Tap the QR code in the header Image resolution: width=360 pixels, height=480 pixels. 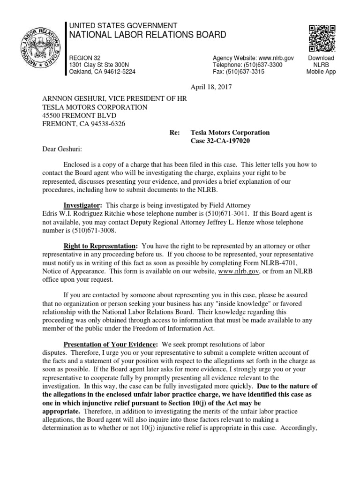click(x=321, y=38)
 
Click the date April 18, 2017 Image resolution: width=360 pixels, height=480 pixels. click(x=210, y=87)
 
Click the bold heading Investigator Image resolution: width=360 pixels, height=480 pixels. click(x=83, y=205)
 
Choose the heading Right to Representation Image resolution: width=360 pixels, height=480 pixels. click(x=101, y=246)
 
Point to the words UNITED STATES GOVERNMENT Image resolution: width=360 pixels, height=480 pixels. click(x=123, y=25)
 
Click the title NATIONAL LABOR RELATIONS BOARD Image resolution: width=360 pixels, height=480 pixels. click(x=141, y=35)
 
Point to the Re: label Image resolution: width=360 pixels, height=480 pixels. click(x=174, y=133)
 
